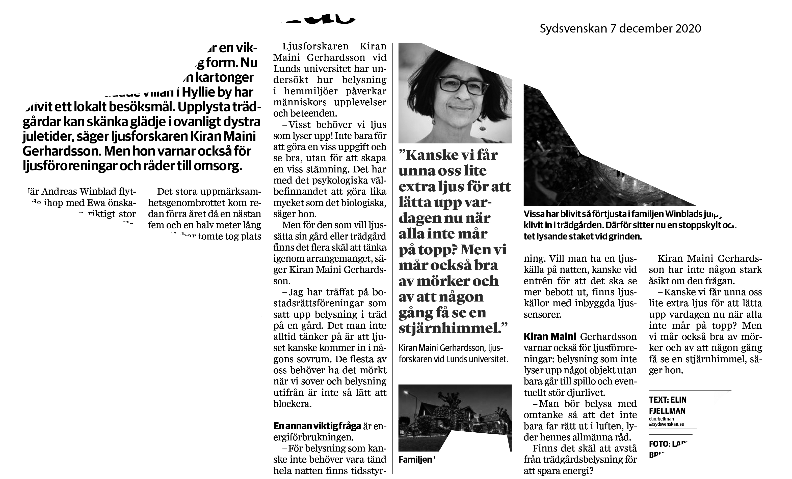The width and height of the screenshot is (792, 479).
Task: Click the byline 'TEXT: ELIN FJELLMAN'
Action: [667, 405]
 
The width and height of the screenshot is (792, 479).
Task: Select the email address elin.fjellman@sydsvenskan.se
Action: [666, 422]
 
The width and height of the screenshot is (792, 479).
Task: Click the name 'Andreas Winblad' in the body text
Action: [78, 192]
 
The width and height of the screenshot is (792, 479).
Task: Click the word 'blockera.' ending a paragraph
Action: [292, 404]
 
